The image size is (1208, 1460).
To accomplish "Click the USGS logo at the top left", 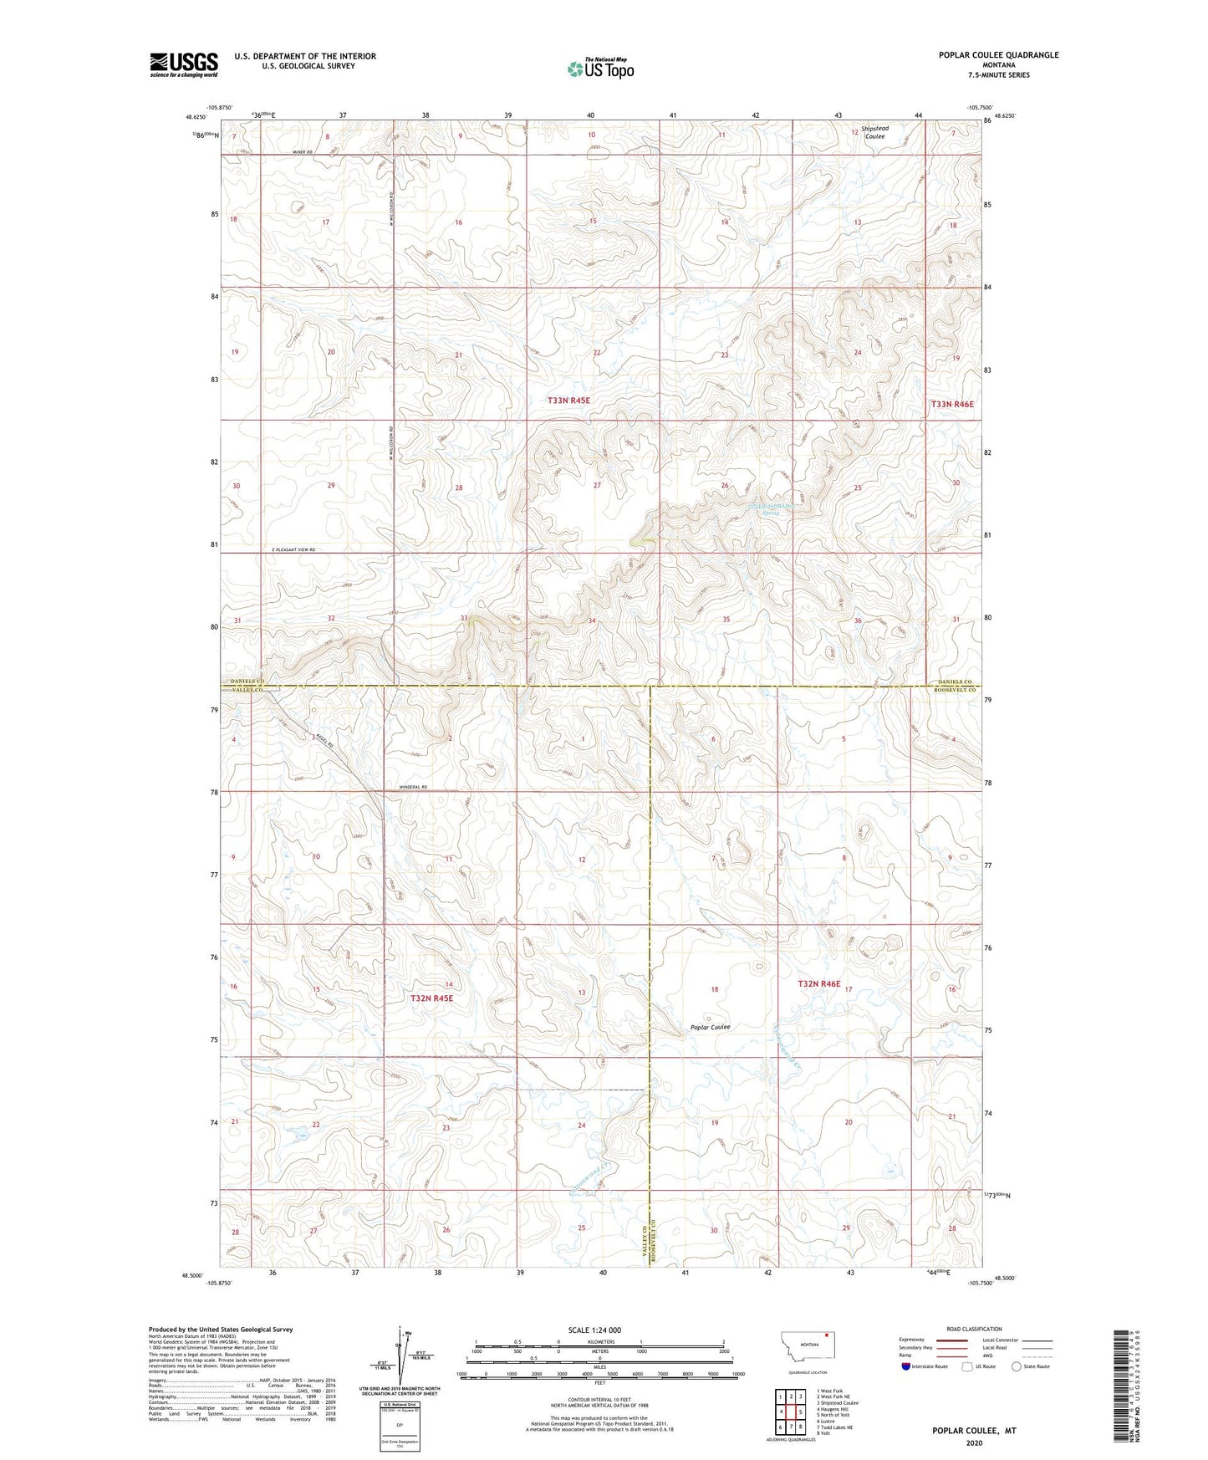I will [x=183, y=64].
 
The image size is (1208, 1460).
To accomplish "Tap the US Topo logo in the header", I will [x=599, y=69].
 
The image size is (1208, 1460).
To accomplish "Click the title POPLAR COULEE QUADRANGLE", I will [x=998, y=55].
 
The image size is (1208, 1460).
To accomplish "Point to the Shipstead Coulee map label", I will [x=875, y=132].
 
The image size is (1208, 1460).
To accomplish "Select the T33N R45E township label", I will [x=568, y=401].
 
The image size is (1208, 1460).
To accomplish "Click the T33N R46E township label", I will [x=952, y=404].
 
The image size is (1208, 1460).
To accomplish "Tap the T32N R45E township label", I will [x=431, y=998].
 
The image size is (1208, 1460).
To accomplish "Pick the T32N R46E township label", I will [x=818, y=984].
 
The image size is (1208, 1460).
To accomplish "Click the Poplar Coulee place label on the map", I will [x=710, y=1027].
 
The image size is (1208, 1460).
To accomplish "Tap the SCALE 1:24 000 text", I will [x=594, y=1330].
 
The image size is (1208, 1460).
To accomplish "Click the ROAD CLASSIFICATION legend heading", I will [x=974, y=1329].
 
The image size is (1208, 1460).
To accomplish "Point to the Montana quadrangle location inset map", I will [x=808, y=1346].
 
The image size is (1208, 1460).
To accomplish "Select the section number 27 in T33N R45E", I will [x=597, y=486].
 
